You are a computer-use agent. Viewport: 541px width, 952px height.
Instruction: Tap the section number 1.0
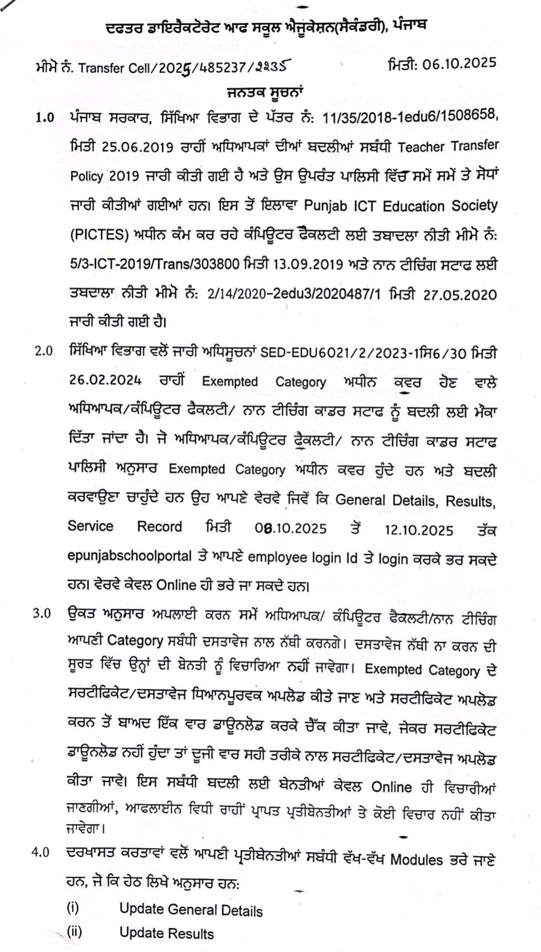45,118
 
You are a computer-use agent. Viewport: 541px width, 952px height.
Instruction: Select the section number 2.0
44,351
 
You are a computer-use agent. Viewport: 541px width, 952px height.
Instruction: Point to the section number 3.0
42,613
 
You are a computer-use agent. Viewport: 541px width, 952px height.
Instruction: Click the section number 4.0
41,852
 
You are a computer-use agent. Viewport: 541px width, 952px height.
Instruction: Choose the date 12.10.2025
419,530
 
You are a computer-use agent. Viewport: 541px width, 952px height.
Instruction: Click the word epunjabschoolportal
130,556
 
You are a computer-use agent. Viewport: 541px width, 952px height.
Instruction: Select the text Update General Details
191,910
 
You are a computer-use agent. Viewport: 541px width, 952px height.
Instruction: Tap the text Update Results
166,933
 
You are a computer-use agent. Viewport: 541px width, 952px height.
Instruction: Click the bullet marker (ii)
74,932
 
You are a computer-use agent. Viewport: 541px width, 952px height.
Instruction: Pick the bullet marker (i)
73,907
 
